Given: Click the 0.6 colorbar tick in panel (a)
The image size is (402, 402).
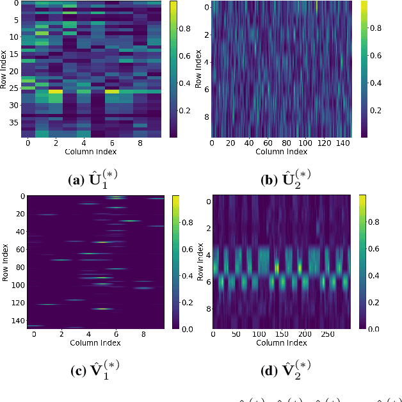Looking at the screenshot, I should pos(184,56).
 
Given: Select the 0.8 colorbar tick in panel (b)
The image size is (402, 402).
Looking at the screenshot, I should pos(377,28).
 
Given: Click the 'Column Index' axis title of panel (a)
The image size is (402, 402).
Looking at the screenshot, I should pos(90,152).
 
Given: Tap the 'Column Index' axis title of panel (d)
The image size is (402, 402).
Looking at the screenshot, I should pos(282,342).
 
